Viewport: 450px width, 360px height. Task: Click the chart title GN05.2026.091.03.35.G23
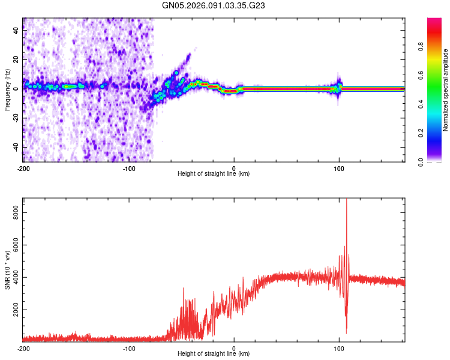tap(214, 6)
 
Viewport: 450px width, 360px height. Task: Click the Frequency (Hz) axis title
tap(7, 90)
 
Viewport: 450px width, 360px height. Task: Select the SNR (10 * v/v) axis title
tap(7, 270)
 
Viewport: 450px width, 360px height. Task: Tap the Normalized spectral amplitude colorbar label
tap(446, 90)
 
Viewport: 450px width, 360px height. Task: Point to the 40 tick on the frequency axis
tap(17, 32)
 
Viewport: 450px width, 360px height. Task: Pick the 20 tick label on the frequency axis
tap(17, 61)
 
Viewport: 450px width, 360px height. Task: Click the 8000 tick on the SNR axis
tap(14, 211)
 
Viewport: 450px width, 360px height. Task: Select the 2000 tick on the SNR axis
tap(14, 310)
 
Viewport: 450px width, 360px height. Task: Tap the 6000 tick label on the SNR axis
tap(14, 244)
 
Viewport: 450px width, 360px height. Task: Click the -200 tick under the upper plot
tap(23, 168)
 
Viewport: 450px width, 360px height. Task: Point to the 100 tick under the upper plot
tap(339, 168)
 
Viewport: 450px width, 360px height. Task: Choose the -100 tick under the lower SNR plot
tap(128, 348)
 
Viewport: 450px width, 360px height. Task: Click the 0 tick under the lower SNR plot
tap(234, 348)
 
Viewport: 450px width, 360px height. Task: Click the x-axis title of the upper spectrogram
tap(214, 174)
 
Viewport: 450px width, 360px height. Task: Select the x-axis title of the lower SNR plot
tap(214, 354)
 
